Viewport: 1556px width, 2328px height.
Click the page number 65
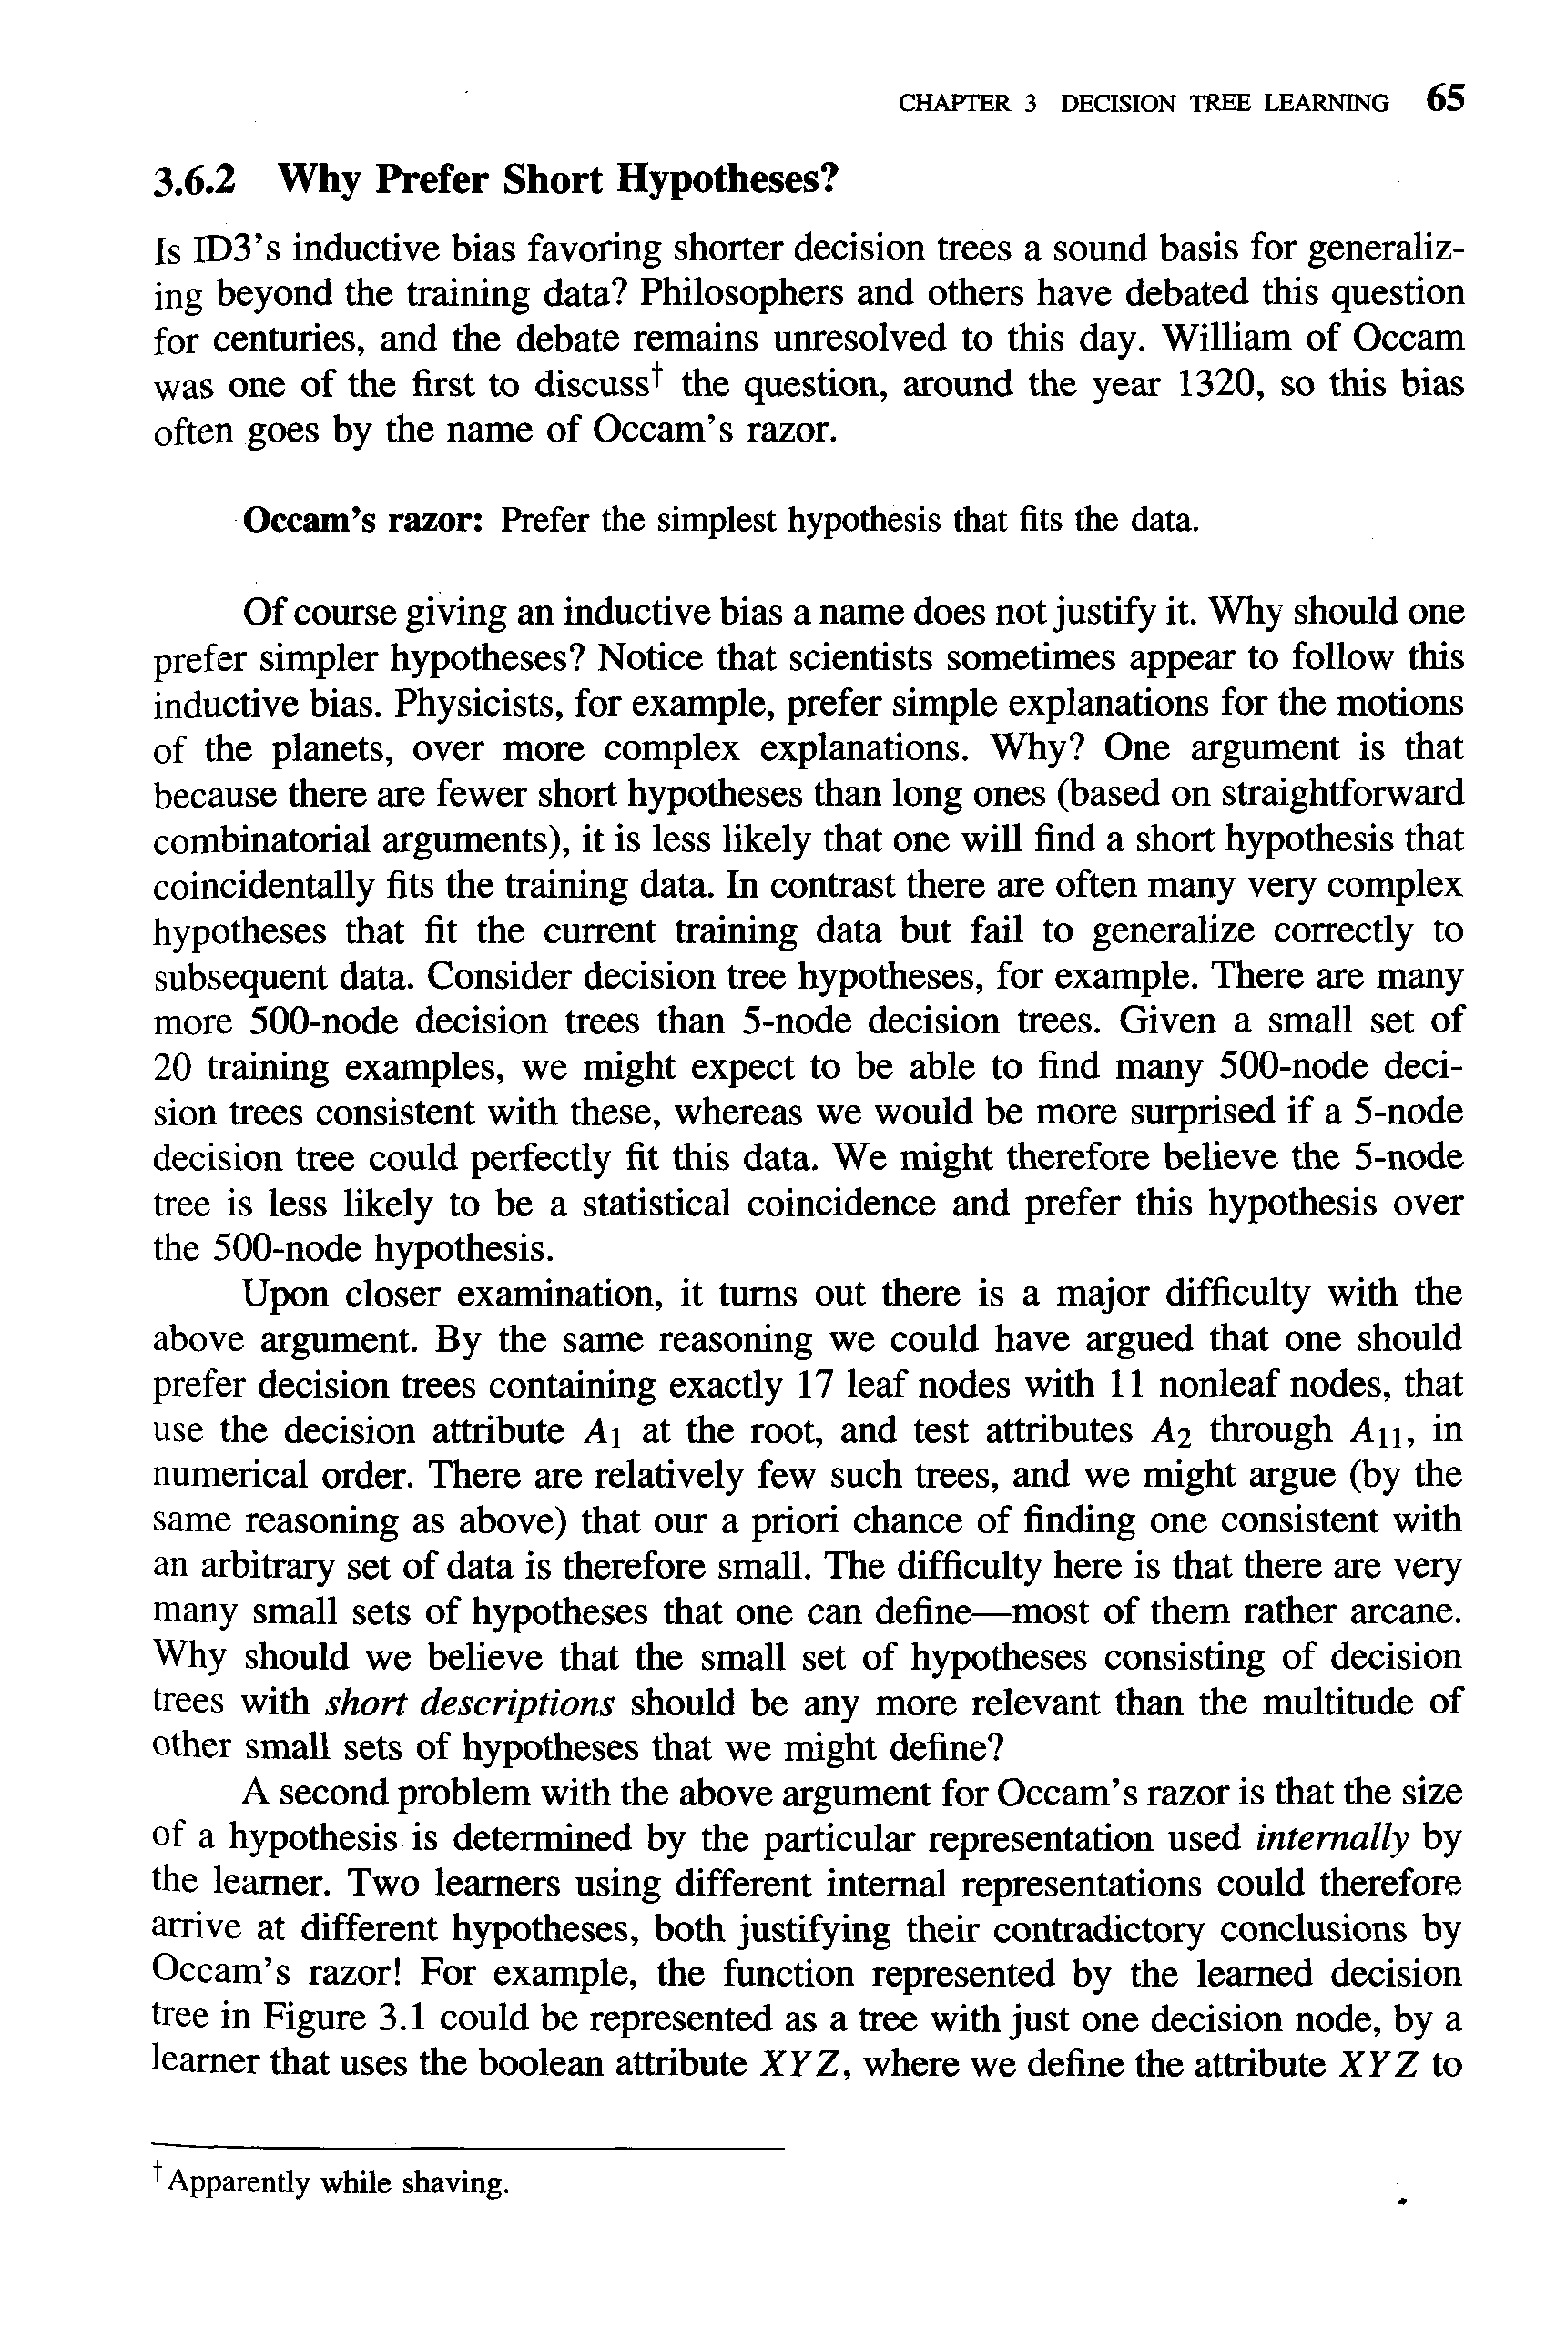(1445, 99)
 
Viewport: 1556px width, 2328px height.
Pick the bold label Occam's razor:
(363, 520)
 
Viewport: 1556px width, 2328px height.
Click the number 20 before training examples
(175, 1068)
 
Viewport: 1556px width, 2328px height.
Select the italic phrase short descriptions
(471, 1703)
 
